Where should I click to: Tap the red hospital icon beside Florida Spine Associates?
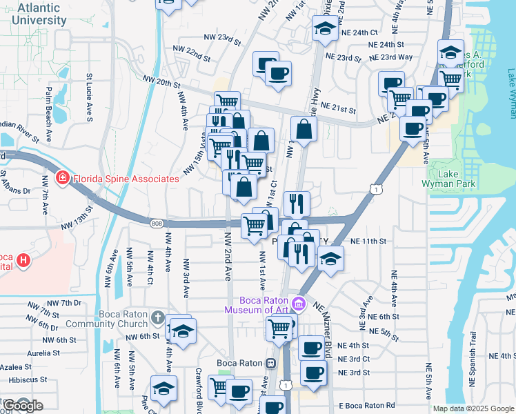click(63, 179)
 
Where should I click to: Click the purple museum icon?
click(298, 303)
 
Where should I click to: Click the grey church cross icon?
click(157, 317)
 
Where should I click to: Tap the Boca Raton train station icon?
click(271, 363)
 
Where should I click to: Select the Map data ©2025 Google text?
click(473, 408)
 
